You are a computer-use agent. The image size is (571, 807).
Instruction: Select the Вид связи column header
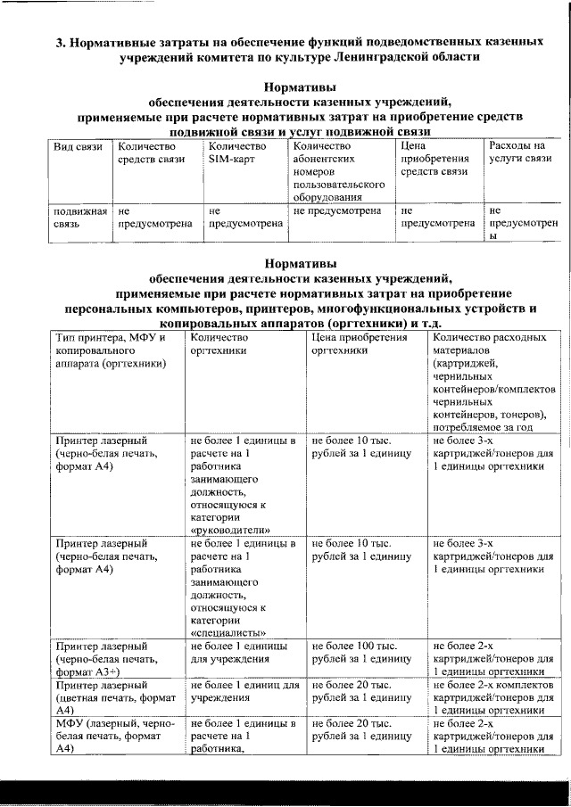(x=77, y=145)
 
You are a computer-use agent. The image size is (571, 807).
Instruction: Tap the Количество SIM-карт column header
(x=236, y=152)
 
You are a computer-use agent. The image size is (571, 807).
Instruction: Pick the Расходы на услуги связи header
(x=520, y=152)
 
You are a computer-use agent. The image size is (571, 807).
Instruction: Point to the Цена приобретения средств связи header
(x=434, y=159)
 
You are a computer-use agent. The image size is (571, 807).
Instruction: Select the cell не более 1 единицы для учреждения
(x=238, y=652)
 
